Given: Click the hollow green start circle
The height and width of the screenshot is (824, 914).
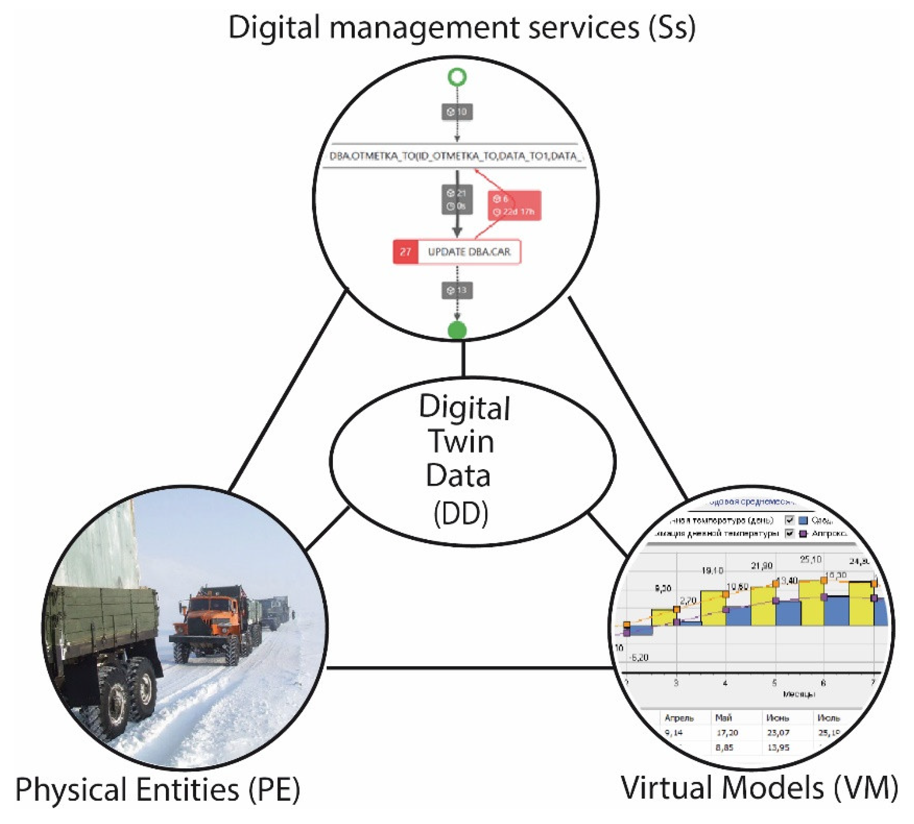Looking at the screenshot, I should point(457,77).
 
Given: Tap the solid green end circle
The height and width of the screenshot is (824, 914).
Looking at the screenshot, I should point(457,330).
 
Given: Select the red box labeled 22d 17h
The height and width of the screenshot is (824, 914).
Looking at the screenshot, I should point(514,206).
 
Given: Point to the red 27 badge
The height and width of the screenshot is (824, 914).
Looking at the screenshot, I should point(405,252).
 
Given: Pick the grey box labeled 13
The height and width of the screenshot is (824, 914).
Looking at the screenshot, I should point(457,290).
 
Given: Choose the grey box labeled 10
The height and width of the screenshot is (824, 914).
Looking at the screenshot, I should point(457,112).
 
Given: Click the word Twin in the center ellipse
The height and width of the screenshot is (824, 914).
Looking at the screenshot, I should point(461,441).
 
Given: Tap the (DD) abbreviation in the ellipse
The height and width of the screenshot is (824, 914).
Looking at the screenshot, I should point(461,513).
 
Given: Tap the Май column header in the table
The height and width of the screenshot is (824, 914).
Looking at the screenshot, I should point(723,718).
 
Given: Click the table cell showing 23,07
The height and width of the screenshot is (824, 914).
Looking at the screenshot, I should point(778,733).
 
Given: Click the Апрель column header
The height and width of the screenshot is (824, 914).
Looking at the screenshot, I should point(679,718).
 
